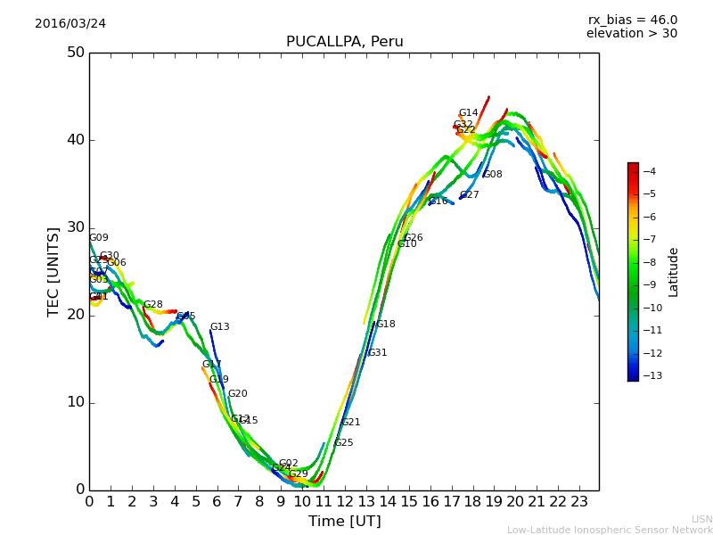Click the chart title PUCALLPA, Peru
tap(344, 42)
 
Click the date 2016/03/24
tap(70, 24)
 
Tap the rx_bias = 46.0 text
tap(632, 21)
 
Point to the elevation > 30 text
tap(631, 34)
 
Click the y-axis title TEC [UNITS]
tap(53, 271)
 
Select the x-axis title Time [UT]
tap(344, 522)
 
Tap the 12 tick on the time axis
tap(345, 502)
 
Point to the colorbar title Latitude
tap(674, 271)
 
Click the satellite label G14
tap(468, 113)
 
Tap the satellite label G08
tap(492, 175)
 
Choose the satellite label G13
tap(219, 327)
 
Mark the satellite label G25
tap(343, 443)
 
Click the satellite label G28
tap(153, 305)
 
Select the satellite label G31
tap(377, 353)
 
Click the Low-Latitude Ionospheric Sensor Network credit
tap(610, 531)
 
